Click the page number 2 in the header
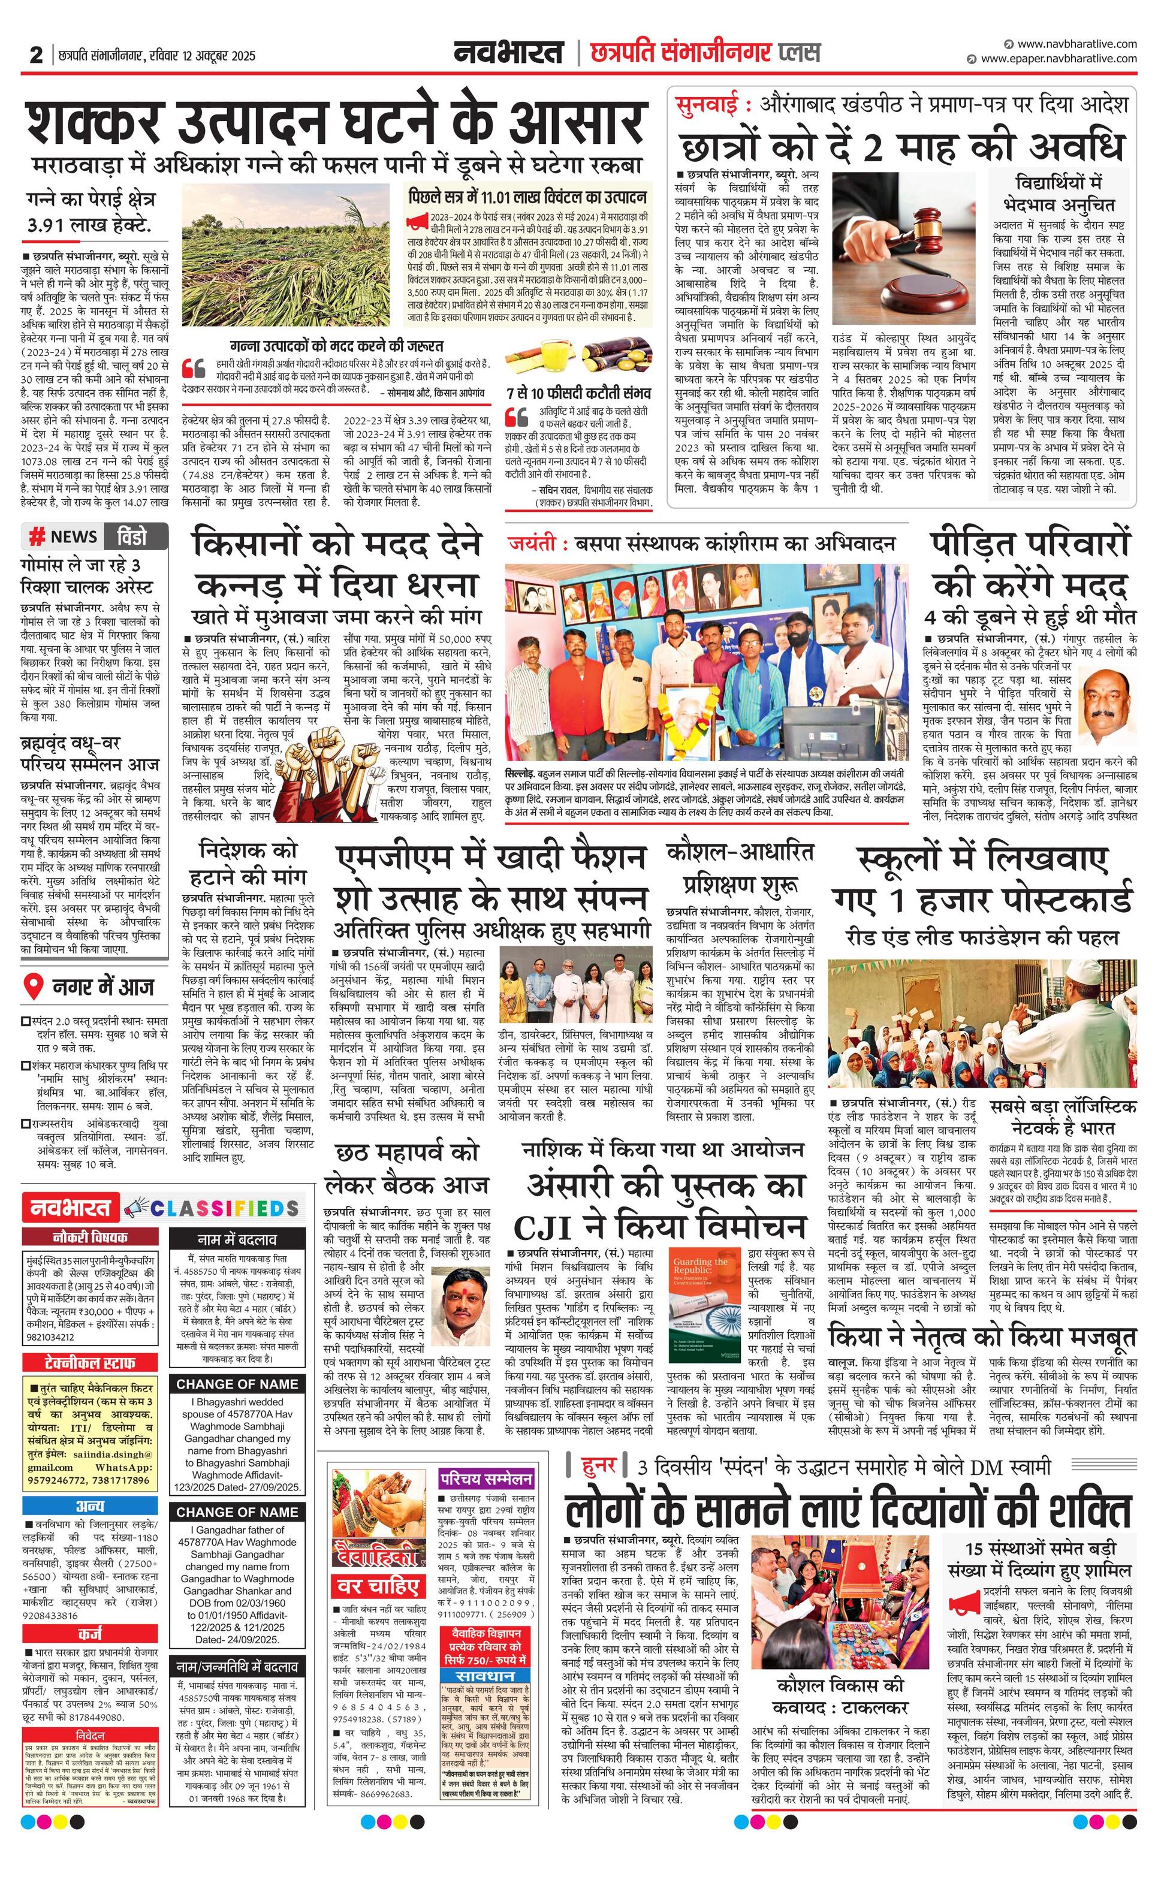pyautogui.click(x=35, y=56)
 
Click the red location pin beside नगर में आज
pyautogui.click(x=32, y=988)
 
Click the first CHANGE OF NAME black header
pyautogui.click(x=237, y=1383)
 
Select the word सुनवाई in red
pyautogui.click(x=707, y=104)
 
